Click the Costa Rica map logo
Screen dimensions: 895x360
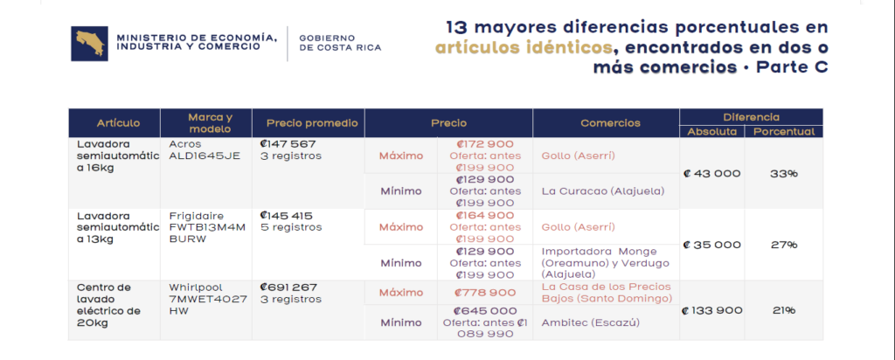point(90,43)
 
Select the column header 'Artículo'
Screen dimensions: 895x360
point(118,123)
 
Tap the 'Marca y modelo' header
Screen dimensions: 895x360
point(211,123)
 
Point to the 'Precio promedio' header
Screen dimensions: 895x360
point(312,123)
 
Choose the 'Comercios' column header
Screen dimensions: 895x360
point(610,123)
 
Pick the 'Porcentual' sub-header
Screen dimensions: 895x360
point(784,132)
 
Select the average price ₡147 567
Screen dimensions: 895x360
point(288,144)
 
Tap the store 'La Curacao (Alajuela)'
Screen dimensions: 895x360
point(603,191)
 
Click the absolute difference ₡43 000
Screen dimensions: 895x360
point(711,173)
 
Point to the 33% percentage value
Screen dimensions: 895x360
point(784,173)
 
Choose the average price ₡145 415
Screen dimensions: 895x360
point(287,216)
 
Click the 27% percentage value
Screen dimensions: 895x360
point(784,245)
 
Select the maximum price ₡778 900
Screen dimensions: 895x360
point(484,293)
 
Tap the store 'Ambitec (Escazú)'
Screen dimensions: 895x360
point(590,323)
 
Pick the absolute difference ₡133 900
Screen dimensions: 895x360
point(712,310)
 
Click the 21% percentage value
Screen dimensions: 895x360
point(784,310)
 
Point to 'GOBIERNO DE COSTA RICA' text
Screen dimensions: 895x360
point(340,43)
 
